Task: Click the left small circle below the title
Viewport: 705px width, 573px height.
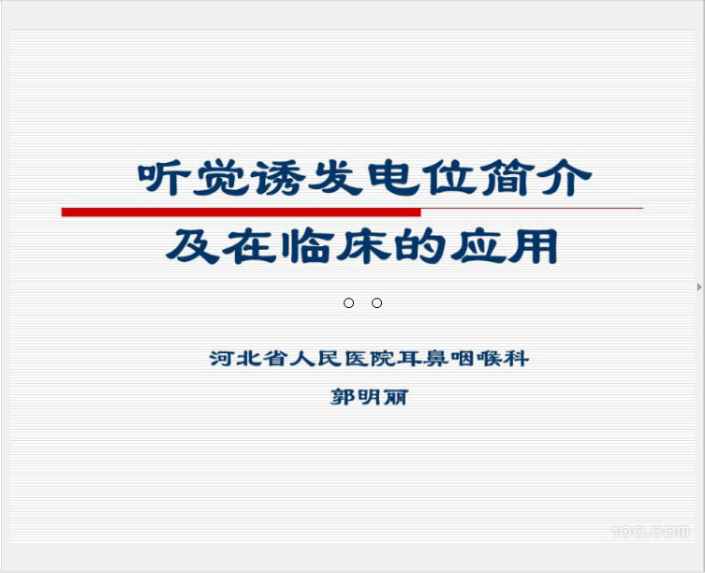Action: point(348,302)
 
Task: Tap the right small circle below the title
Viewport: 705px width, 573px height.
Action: point(376,302)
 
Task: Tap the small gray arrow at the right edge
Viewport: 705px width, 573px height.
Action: point(699,286)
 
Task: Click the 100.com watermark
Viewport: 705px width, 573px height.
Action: point(650,531)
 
